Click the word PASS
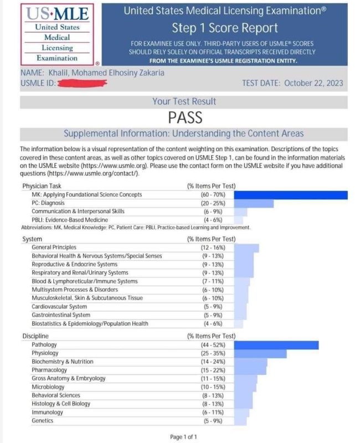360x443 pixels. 185,117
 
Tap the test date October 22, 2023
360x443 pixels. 293,83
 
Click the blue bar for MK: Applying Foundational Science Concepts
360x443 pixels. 291,194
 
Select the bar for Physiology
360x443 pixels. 260,353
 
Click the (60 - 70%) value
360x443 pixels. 211,194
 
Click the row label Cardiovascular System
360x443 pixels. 59,306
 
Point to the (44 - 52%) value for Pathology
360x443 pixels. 211,345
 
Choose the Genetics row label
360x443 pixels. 43,421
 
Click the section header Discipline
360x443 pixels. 35,336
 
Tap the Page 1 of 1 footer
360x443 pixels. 183,437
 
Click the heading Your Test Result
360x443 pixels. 184,101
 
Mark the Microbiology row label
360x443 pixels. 48,387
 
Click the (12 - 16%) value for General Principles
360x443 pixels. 211,247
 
